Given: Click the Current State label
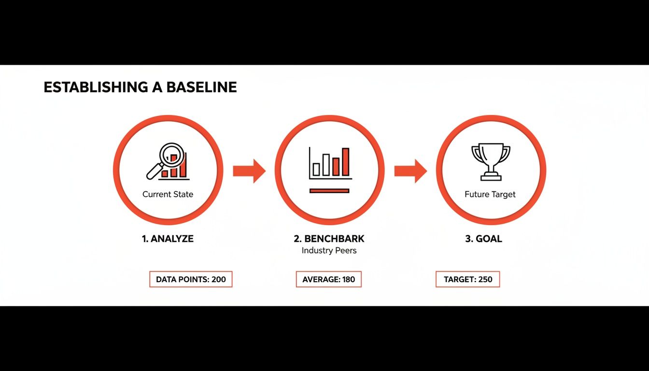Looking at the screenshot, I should [168, 195].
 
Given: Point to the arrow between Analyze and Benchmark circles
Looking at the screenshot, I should [249, 171].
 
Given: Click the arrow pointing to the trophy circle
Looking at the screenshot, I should [410, 171].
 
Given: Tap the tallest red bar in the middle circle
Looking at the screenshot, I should [345, 162].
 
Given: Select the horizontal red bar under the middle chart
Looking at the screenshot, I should [329, 191].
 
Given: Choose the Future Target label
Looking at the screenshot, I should [490, 195].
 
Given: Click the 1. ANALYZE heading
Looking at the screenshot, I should [168, 239].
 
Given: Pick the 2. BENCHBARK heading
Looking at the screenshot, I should [329, 239].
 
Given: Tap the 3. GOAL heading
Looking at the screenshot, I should [483, 239].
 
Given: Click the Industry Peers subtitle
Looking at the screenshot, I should [329, 251].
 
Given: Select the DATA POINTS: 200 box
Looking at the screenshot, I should [191, 279].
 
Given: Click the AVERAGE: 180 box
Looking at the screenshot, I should [328, 279].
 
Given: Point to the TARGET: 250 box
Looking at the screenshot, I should [467, 279].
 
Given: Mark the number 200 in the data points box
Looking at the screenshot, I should [218, 279].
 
